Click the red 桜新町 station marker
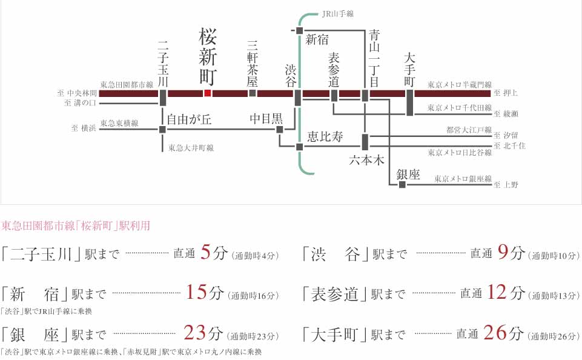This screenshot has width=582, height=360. [207, 93]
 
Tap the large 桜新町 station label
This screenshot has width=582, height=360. [207, 58]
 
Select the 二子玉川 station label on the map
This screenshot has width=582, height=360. [162, 62]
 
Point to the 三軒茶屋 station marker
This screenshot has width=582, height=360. [253, 93]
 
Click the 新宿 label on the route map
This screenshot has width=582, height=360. [317, 41]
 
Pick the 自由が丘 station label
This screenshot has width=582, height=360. [190, 119]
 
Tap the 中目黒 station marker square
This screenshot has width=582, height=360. [279, 128]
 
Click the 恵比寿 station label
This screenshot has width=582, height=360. [325, 137]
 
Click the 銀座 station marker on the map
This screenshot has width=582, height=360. [402, 184]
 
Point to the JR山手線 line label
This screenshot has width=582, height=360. [337, 13]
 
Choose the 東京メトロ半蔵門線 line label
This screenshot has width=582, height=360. [459, 85]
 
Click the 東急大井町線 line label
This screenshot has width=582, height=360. [191, 148]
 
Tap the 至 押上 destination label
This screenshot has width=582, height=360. [506, 93]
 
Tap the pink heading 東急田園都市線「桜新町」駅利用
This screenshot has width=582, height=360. [76, 226]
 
